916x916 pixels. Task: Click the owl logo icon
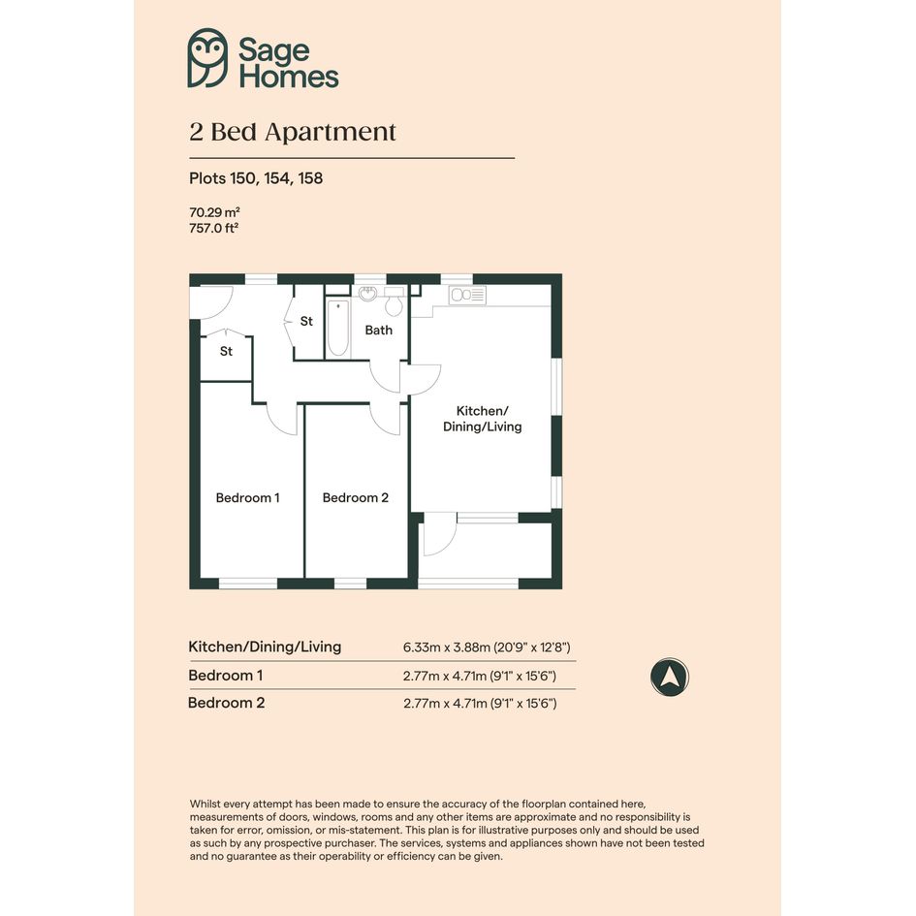point(207,58)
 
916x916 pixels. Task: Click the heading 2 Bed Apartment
point(293,132)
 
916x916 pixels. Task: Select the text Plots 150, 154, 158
point(256,178)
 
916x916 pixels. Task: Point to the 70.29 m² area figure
point(214,212)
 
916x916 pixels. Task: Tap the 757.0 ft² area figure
point(214,228)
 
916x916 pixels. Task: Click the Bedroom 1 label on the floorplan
point(248,497)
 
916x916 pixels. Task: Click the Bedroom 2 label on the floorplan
point(355,497)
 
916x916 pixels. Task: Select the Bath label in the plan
point(379,331)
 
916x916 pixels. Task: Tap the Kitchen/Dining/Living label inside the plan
point(483,419)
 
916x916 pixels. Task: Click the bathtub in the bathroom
point(338,328)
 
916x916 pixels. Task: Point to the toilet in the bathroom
point(395,300)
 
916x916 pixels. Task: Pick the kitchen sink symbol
point(467,295)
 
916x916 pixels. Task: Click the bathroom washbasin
point(367,294)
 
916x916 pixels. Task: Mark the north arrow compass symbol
point(670,678)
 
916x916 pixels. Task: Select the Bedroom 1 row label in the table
point(226,676)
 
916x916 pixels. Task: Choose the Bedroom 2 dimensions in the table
point(480,704)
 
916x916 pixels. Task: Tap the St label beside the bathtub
point(306,321)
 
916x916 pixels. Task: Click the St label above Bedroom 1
point(226,351)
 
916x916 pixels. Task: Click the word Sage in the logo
point(273,50)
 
